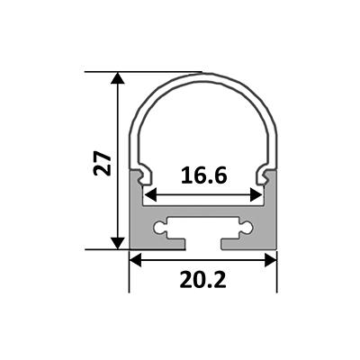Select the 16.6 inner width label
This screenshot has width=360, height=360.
point(203,175)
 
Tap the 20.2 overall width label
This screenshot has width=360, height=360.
point(202,280)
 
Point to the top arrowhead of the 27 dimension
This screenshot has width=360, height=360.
point(118,77)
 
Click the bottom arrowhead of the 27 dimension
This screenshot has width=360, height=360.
point(118,243)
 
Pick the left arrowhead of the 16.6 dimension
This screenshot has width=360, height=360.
point(150,195)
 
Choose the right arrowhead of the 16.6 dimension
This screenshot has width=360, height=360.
point(256,195)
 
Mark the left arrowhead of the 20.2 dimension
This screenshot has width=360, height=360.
point(135,260)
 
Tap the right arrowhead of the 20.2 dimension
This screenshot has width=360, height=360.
point(270,260)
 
